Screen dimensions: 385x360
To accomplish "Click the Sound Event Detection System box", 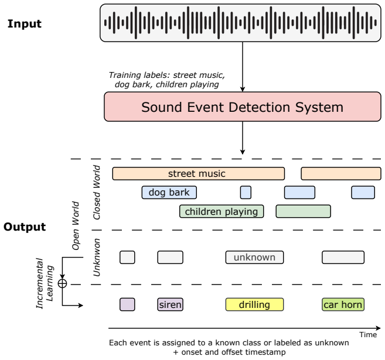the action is tap(243, 107).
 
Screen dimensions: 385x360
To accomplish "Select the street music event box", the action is tap(199, 174).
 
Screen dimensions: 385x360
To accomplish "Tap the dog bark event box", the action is tap(169, 192).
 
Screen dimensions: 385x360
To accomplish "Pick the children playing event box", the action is tap(222, 211).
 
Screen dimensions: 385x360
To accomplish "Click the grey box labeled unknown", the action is tap(254, 257).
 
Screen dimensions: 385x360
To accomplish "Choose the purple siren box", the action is tap(170, 304).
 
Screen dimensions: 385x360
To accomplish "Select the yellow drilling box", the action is tap(254, 304).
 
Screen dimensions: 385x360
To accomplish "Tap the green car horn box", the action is tap(343, 304).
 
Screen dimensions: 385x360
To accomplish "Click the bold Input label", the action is tap(25, 24).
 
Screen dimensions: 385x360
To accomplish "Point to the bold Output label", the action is tap(25, 227).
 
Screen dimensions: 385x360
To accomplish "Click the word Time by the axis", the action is tap(368, 334).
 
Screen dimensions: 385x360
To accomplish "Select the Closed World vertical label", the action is tap(97, 192).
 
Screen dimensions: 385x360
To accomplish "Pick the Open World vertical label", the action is tap(76, 225).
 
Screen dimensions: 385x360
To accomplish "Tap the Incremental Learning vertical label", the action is tap(45, 283).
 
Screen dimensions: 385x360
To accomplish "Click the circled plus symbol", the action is tap(62, 283).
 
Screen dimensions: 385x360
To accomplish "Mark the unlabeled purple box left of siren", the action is tap(127, 304).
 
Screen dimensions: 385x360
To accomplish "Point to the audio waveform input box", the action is tap(240, 23).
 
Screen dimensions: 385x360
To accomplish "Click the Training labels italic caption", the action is tap(167, 80).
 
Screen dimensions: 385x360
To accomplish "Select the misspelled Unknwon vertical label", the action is tap(97, 258).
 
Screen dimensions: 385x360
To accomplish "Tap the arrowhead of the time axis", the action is tap(379, 328).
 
